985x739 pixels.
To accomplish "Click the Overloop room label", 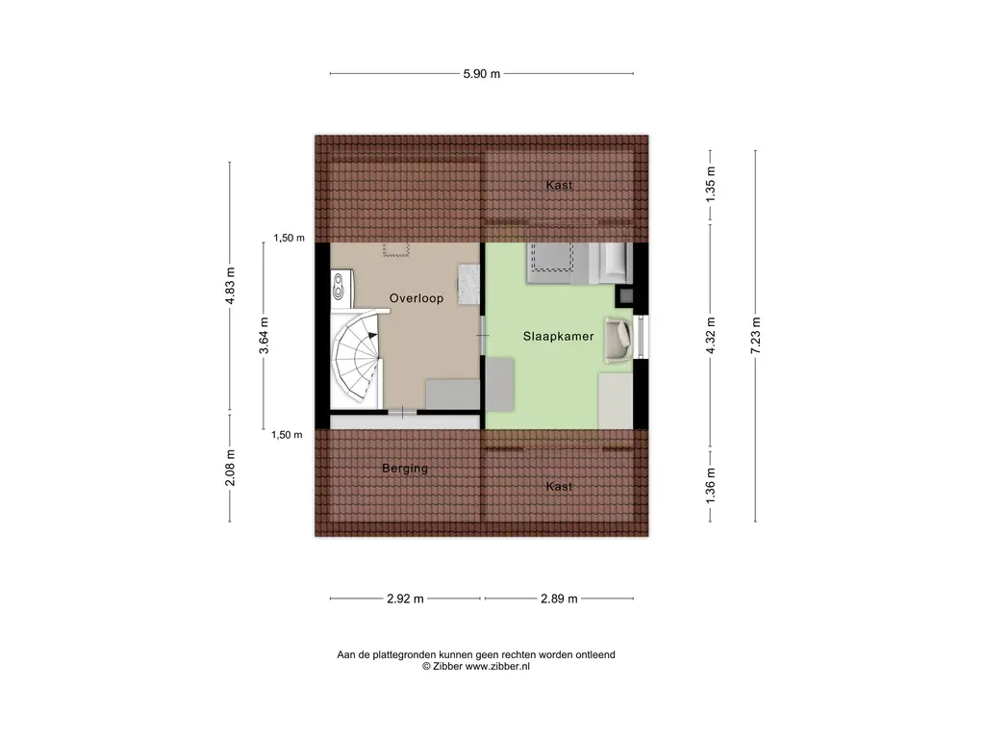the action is point(416,298).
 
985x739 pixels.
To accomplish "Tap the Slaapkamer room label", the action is point(559,336).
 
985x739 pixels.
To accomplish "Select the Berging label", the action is point(405,469).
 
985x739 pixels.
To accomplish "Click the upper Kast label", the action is point(559,185).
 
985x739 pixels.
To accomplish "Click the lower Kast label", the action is point(559,486).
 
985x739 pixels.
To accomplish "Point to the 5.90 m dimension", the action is point(482,73).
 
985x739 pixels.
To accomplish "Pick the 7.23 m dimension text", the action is point(756,336).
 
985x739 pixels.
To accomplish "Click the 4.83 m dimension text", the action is point(230,286).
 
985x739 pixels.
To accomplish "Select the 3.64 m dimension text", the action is point(264,336).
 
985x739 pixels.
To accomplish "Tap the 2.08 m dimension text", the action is point(230,468).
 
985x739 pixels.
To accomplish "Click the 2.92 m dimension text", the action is point(405,599).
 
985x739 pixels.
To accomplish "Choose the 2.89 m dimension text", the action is point(559,599).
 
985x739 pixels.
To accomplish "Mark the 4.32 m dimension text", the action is point(711,336).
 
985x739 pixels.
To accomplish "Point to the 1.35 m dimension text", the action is point(711,184).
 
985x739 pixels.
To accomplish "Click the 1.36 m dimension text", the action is point(711,486).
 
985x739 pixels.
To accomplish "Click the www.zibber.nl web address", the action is point(497,666).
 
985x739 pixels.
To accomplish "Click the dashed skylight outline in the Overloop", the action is point(395,249).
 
